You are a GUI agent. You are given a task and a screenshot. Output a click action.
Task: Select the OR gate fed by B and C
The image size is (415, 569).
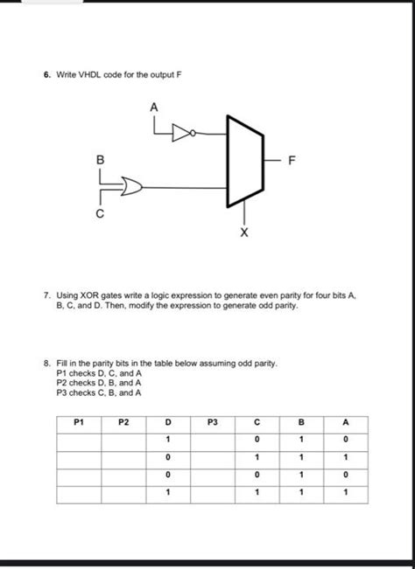tap(131, 186)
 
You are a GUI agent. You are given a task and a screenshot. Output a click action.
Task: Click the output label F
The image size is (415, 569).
tap(292, 161)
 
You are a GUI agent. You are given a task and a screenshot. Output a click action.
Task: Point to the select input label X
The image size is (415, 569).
tap(243, 234)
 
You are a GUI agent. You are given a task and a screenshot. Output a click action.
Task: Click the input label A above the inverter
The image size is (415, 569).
tap(154, 106)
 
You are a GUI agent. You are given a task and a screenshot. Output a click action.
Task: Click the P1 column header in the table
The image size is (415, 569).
tap(81, 421)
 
